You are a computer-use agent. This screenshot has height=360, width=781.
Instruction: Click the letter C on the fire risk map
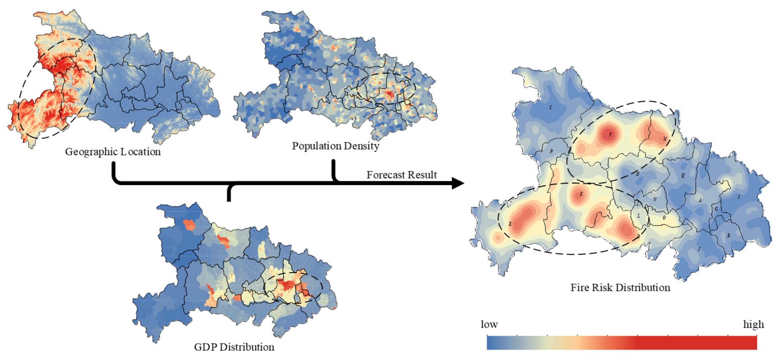point(551,108)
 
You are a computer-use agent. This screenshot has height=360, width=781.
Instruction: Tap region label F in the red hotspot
point(610,135)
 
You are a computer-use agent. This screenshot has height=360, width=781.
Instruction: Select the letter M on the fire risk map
point(665,139)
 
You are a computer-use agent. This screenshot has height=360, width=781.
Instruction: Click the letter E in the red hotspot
point(581,194)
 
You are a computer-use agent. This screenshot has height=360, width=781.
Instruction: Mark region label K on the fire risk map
point(510,224)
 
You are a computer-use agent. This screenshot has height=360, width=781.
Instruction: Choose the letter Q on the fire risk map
point(683,175)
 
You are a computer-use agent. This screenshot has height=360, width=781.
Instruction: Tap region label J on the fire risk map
point(699,249)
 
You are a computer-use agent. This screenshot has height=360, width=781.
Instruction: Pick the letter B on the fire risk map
point(729,235)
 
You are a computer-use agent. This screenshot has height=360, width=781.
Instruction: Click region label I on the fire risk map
point(739,197)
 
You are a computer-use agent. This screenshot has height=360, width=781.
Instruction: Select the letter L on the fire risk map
point(638,216)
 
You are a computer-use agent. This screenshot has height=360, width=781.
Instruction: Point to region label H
point(637,174)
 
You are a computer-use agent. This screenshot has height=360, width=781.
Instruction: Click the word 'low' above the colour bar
point(489,325)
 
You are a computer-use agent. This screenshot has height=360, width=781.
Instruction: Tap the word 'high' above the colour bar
point(754,325)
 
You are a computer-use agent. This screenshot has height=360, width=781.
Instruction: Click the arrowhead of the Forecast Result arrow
point(458,183)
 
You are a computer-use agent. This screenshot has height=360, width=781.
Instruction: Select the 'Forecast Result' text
point(401,175)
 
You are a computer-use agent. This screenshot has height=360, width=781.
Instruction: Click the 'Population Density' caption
point(335,146)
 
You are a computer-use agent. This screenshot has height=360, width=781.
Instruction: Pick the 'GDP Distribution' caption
point(234,347)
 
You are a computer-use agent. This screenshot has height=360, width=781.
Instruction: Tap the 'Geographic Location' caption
point(113,151)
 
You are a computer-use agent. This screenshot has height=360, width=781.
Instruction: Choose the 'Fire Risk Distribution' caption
point(620,287)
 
